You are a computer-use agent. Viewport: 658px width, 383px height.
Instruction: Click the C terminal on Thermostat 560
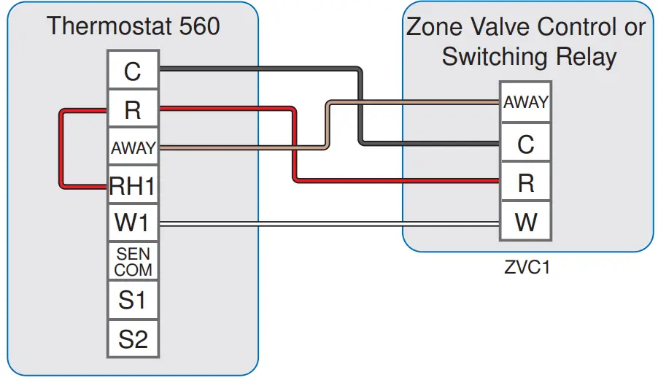132,71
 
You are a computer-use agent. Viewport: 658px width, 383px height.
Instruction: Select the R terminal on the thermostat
132,109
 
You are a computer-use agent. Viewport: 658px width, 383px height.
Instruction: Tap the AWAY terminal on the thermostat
132,148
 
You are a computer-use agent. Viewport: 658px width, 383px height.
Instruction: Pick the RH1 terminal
132,186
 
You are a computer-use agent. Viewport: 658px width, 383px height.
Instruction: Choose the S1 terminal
132,300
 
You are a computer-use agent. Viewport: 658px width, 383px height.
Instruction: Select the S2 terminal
132,338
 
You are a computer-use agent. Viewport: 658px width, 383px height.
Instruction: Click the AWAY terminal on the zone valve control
525,103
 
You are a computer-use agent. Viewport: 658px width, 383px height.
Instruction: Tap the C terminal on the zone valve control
525,144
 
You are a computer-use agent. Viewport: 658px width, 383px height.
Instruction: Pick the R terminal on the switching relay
525,183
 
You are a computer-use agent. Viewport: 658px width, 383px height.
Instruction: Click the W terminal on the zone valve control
525,222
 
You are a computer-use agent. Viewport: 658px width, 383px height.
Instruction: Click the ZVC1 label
527,267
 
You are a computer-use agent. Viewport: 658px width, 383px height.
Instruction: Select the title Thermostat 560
133,27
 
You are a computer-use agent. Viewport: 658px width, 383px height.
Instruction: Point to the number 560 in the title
196,27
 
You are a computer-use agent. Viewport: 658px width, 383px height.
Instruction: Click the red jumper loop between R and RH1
61,149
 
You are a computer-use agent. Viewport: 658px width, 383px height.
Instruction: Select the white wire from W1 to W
328,224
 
